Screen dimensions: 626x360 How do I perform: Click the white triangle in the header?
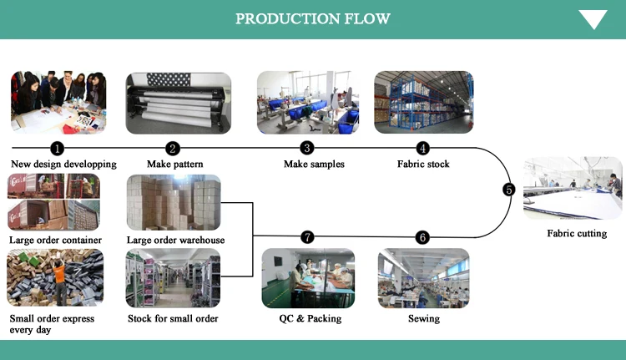click(x=593, y=18)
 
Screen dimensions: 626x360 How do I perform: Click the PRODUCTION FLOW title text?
click(x=313, y=18)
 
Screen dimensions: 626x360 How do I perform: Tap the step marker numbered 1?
click(x=58, y=149)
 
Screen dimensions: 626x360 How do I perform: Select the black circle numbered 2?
click(x=173, y=149)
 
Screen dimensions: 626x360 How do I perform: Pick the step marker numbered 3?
click(x=307, y=148)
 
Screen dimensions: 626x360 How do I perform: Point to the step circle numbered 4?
click(x=423, y=148)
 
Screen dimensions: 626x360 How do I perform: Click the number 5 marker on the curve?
click(x=509, y=190)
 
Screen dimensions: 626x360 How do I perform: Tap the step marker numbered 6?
click(x=422, y=238)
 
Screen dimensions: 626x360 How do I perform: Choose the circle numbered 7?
click(x=307, y=237)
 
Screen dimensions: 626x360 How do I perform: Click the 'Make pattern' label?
click(x=175, y=165)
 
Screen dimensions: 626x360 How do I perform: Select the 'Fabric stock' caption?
click(x=423, y=165)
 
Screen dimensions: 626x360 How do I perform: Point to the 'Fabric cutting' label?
click(x=577, y=233)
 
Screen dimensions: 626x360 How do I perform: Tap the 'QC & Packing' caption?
click(x=310, y=318)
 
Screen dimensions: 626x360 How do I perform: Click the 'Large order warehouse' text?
click(x=175, y=240)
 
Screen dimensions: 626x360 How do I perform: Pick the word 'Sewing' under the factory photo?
click(x=424, y=318)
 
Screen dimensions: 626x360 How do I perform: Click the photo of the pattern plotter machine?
click(x=179, y=103)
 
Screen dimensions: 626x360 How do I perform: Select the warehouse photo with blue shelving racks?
click(x=423, y=102)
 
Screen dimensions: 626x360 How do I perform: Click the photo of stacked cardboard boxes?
click(x=174, y=203)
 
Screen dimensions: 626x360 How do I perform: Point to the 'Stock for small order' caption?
click(x=173, y=318)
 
